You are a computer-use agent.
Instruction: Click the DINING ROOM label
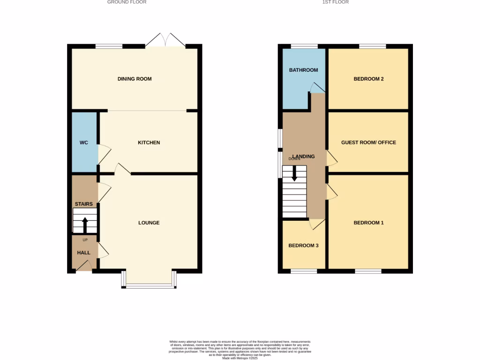point(135,79)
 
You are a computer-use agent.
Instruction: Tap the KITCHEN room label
point(149,142)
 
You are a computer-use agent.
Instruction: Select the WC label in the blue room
point(84,142)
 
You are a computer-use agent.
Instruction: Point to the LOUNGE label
point(149,223)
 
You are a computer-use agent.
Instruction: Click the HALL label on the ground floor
point(84,253)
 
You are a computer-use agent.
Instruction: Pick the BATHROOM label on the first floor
point(303,70)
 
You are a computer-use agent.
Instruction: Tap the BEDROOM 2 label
point(368,79)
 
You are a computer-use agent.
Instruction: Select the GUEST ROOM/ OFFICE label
point(368,142)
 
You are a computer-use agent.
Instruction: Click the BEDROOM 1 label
point(368,223)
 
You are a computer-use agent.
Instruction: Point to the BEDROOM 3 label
point(303,245)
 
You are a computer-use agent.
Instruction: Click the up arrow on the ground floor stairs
point(85,225)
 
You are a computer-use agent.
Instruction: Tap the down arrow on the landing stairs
point(294,174)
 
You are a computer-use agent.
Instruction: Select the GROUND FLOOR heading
point(127,2)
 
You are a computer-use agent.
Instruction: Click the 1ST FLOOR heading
point(335,2)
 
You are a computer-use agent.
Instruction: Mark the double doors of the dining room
point(165,40)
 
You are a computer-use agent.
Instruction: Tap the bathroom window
point(304,46)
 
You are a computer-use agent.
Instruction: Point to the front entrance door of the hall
point(84,266)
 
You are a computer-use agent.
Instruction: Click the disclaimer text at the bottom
point(240,350)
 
